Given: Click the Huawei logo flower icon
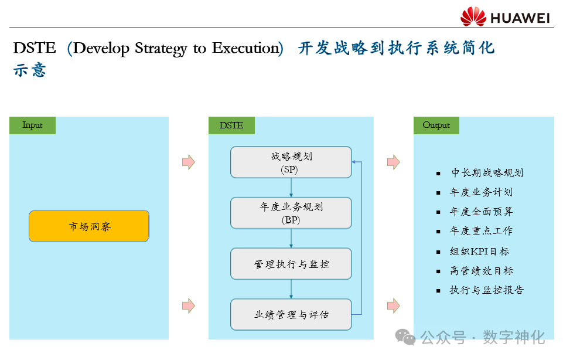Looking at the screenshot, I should point(473,16).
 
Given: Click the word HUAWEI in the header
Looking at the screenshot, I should point(520,18).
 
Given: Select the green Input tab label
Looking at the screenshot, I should point(33,125).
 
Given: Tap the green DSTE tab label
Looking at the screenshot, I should point(231,125).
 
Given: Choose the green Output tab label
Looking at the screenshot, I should point(436,125).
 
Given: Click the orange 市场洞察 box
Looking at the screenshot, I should point(89,226).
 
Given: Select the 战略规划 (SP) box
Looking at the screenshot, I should point(291,162).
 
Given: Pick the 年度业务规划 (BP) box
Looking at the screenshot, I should point(291,213).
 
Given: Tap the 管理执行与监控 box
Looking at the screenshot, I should point(291,264).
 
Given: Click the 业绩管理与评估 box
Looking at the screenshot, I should point(291,315).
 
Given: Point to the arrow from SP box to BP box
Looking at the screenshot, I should point(291,188).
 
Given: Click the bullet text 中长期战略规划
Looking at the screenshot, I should point(487,173).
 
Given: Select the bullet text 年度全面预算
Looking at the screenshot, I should point(482,212).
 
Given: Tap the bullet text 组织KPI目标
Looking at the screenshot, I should point(479,252).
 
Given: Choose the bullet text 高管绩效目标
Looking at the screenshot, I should point(482,271).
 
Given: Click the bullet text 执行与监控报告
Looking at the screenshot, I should point(487,290).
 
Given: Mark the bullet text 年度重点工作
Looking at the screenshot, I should point(482,231).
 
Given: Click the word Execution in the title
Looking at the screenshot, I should point(247,48).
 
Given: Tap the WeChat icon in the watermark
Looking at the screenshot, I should point(405,337).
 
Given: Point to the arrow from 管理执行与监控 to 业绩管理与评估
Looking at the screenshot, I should point(291,289).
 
